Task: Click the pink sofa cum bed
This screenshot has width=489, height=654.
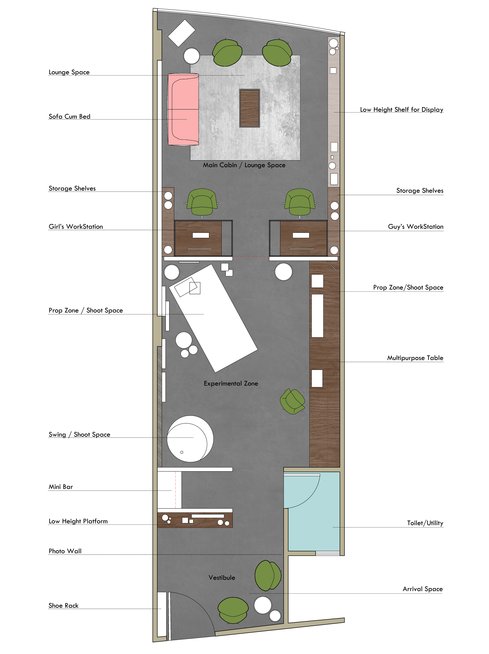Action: [x=183, y=109]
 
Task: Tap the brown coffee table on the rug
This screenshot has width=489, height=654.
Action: [x=249, y=108]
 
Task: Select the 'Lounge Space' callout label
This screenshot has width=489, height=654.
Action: [x=69, y=72]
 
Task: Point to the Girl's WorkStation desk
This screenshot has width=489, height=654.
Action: [x=198, y=238]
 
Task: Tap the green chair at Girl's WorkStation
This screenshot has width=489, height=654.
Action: [x=202, y=203]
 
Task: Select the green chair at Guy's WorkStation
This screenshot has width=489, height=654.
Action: [x=300, y=203]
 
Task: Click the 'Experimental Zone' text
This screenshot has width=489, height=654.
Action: [x=231, y=384]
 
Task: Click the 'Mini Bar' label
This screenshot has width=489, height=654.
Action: [x=61, y=487]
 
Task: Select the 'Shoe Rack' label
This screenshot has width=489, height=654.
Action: [x=64, y=605]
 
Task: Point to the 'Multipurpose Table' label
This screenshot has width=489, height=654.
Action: [x=415, y=358]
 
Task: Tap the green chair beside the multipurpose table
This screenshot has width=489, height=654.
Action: [x=292, y=401]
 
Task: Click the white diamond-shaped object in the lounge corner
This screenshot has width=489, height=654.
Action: [x=181, y=33]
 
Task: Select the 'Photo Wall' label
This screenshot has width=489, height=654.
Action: [x=65, y=551]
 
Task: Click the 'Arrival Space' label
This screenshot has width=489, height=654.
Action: [x=423, y=589]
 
